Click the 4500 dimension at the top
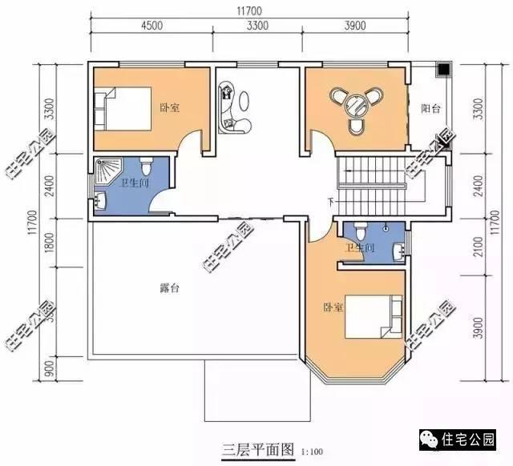point(151,26)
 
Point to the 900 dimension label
point(50,369)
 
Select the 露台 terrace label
point(169,287)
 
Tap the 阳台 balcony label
point(433,108)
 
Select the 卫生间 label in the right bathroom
point(360,248)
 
